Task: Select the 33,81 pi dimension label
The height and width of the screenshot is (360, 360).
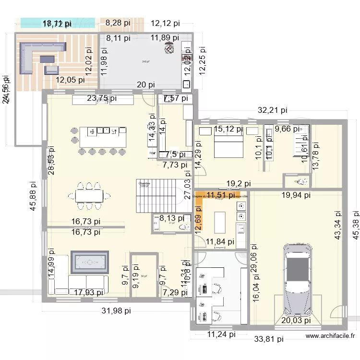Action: [269, 339]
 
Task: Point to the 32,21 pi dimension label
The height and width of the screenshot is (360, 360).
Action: [273, 110]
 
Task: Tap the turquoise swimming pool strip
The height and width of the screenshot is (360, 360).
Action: [58, 22]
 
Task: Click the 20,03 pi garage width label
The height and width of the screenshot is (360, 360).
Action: [296, 321]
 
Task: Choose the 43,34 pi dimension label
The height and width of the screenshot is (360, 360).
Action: [338, 225]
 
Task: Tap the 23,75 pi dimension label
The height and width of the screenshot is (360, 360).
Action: [102, 98]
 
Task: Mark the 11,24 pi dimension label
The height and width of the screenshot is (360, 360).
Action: [222, 335]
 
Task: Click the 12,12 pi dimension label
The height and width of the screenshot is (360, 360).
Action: [165, 23]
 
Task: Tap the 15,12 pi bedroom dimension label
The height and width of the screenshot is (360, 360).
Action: [228, 129]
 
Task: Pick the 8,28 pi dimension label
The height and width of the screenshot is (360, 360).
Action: [118, 22]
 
